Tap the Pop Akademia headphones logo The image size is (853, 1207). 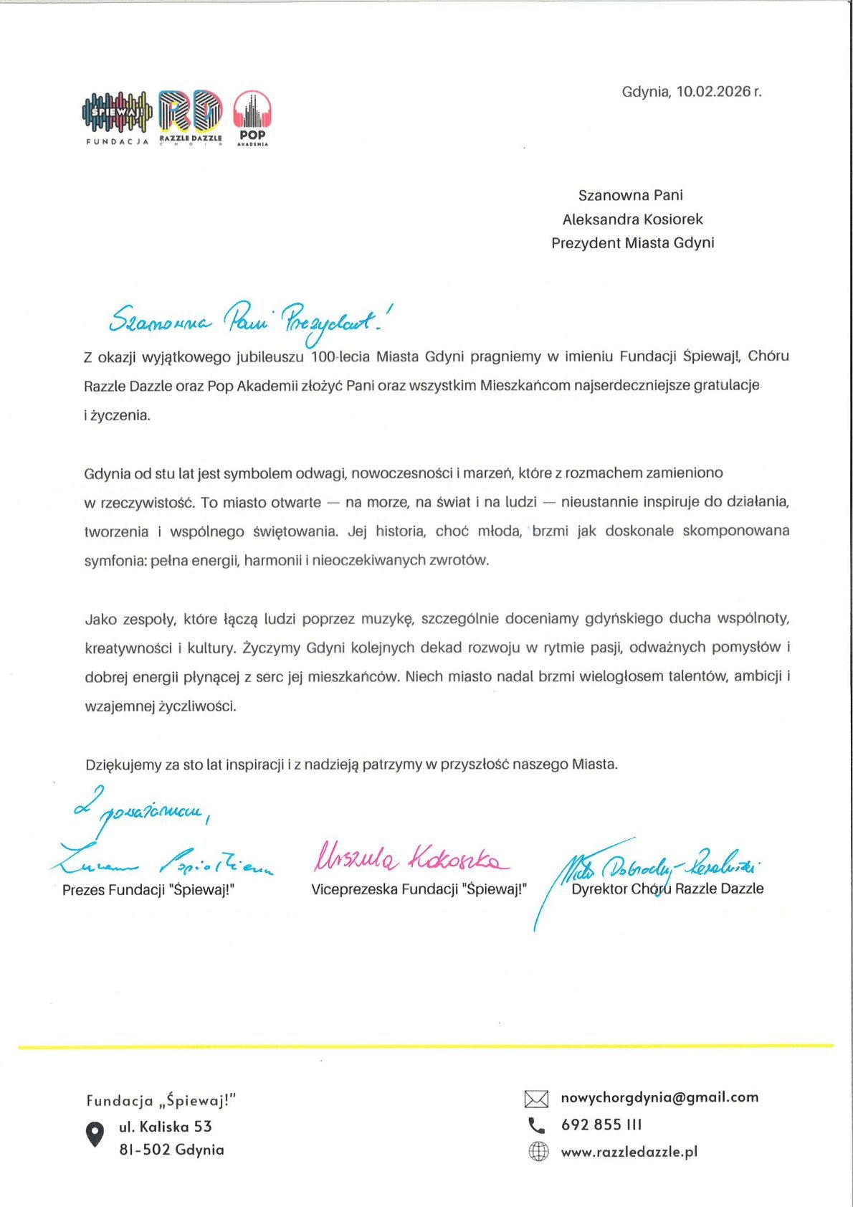252,117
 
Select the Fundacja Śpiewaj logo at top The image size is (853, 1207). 118,115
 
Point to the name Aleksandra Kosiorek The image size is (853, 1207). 632,219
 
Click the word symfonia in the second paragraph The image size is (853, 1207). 115,561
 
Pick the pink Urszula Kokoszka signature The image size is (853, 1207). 411,858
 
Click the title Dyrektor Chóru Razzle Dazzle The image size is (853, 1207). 667,889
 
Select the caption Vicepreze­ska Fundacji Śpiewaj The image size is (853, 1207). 419,890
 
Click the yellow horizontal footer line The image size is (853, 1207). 426,1047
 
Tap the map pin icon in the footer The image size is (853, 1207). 95,1135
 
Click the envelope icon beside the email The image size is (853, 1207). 536,1099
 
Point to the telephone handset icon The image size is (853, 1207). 536,1125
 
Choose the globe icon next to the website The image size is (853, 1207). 538,1152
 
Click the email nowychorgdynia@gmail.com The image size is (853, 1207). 659,1097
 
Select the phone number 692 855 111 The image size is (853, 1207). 601,1125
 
